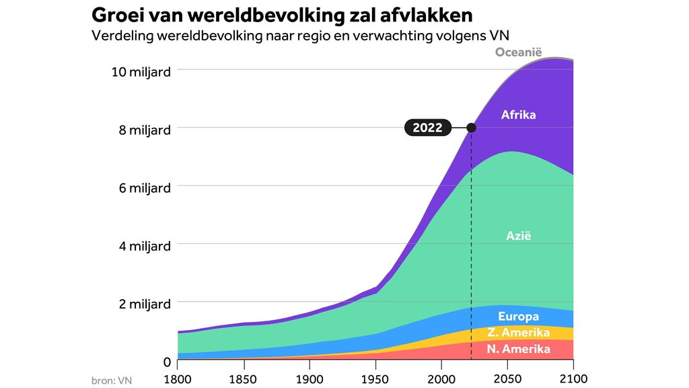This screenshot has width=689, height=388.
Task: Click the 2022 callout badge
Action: [427, 128]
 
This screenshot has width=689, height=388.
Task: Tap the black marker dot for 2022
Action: [471, 127]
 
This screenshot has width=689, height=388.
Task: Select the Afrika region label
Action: [518, 115]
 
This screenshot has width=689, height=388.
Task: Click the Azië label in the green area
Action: [519, 236]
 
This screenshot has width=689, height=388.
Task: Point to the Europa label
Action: [518, 317]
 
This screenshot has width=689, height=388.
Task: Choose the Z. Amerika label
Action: [518, 333]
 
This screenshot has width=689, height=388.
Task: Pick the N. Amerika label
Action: [518, 349]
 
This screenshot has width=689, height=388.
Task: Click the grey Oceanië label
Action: [518, 53]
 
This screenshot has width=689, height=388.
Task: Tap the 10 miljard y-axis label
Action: [141, 71]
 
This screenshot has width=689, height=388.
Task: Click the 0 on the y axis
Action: [166, 362]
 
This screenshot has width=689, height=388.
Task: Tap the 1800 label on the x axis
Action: [178, 379]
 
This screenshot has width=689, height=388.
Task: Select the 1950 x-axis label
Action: [375, 379]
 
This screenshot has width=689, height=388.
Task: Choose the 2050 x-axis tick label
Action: [507, 379]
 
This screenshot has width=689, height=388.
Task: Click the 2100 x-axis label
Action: [573, 379]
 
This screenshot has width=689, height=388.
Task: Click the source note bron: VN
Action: [112, 381]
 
